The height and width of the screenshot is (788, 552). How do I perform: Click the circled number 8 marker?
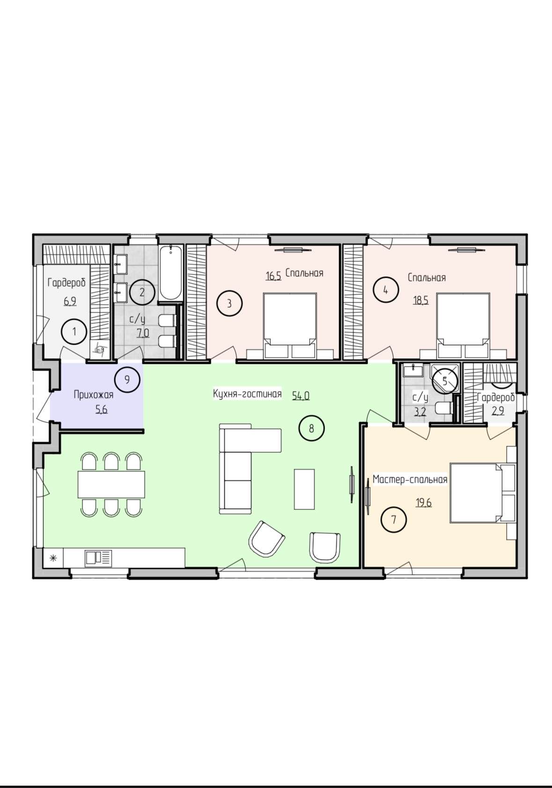click(x=311, y=428)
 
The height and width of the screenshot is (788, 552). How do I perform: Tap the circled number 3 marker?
click(x=229, y=303)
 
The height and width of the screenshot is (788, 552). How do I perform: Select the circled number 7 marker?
click(x=394, y=519)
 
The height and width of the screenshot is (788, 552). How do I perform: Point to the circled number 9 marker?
click(x=127, y=380)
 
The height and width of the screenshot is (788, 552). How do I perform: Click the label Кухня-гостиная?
click(x=247, y=394)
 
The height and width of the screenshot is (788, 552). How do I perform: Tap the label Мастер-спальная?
click(x=410, y=479)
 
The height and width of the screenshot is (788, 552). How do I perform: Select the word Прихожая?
click(x=94, y=395)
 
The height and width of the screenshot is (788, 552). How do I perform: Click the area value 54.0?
click(x=301, y=396)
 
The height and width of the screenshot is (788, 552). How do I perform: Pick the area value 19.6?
click(x=424, y=503)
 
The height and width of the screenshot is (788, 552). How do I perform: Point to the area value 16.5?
click(x=273, y=276)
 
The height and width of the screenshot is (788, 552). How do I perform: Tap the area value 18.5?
click(x=421, y=301)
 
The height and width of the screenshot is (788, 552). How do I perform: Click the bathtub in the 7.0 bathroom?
click(x=170, y=273)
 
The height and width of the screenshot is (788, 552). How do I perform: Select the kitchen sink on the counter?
click(x=98, y=558)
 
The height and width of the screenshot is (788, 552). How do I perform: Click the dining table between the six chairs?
click(x=111, y=485)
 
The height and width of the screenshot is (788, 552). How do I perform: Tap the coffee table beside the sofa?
click(x=304, y=489)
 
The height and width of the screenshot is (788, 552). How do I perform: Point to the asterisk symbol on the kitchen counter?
click(x=53, y=558)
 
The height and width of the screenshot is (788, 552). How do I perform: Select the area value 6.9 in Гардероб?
click(x=70, y=301)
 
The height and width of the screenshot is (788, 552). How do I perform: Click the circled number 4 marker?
click(x=386, y=290)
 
